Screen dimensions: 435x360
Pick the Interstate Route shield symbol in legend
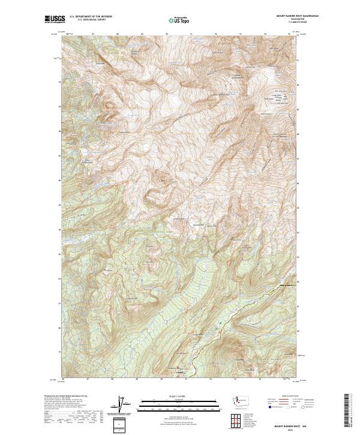(x=266, y=406)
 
